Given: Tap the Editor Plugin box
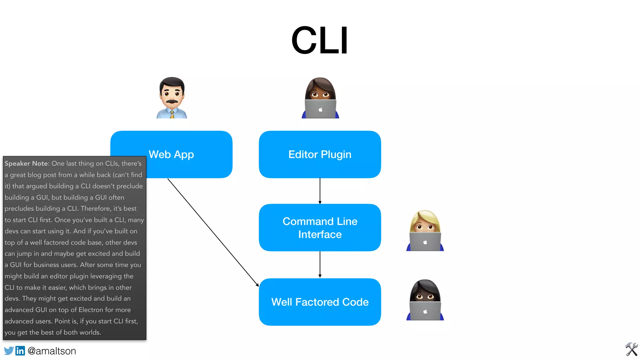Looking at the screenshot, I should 320,154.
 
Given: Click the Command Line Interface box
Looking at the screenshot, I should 320,227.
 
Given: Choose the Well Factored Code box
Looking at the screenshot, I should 320,302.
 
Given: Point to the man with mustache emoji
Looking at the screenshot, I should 172,97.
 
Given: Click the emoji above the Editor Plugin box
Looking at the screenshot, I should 320,97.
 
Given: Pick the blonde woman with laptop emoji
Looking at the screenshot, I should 425,230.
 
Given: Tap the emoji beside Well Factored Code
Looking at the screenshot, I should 425,300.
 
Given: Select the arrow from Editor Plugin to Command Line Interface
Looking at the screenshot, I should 320,191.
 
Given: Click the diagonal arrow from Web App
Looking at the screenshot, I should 213,232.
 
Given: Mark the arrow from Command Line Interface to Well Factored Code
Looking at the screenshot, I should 320,264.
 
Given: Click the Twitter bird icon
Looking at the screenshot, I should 9,351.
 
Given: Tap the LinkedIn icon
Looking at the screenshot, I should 20,351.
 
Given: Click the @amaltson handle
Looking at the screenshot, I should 52,351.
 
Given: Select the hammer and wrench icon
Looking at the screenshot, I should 631,349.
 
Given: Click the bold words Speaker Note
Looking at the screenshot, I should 27,163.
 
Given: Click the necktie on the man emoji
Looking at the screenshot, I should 172,114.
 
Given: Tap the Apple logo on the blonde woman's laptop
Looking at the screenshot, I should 425,242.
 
